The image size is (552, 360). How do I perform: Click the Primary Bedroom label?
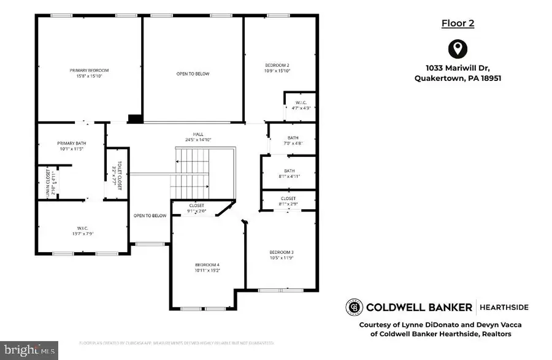tap(89, 71)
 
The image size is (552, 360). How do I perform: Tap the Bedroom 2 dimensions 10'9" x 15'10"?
tap(277, 71)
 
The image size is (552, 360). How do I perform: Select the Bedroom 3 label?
tap(282, 252)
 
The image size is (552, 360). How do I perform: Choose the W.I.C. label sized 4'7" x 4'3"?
tap(301, 102)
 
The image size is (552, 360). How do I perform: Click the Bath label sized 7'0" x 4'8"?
tap(292, 137)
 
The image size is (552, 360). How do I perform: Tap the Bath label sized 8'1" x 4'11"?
tap(289, 171)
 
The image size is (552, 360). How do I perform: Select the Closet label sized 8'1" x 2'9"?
tap(288, 199)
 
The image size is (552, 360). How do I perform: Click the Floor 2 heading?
tap(458, 23)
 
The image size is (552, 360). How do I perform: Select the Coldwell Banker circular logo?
tap(355, 307)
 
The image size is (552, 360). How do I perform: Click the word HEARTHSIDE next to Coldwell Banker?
tap(504, 307)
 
